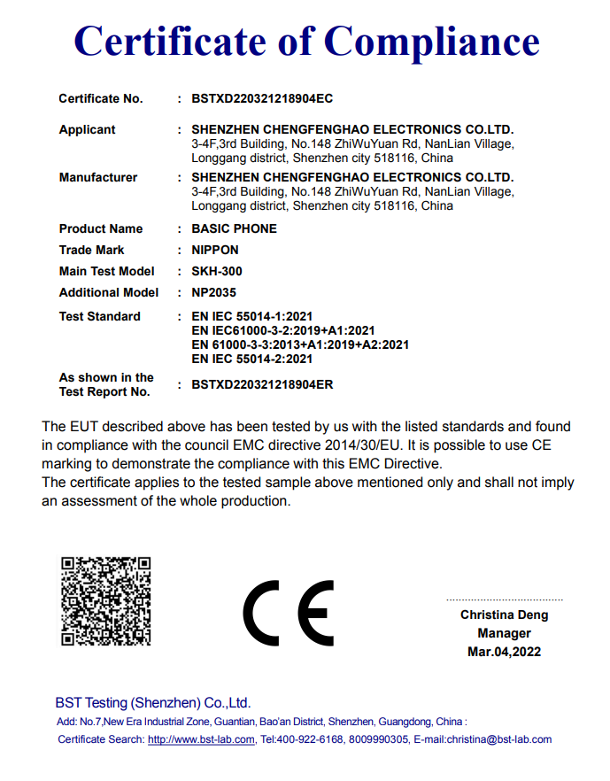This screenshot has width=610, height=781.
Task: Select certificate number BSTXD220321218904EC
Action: click(x=262, y=98)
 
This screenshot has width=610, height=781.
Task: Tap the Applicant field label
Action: click(x=87, y=129)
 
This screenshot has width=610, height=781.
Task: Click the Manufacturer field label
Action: click(x=98, y=177)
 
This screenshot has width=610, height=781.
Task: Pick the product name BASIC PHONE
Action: click(x=234, y=228)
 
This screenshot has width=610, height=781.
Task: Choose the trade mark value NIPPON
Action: click(x=215, y=250)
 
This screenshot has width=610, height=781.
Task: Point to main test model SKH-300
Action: click(x=216, y=271)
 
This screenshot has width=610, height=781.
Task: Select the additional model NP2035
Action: click(x=214, y=292)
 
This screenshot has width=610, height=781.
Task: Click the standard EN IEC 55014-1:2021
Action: click(x=251, y=316)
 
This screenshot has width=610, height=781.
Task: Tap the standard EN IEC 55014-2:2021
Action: click(x=251, y=359)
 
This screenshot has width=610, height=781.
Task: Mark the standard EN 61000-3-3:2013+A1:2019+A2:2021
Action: click(x=299, y=344)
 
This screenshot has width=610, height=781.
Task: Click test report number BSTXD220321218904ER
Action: click(x=262, y=384)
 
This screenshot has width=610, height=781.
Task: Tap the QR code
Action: click(x=105, y=600)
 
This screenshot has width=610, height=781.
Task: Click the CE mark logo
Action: click(x=289, y=613)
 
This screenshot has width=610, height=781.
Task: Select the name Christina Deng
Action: click(x=504, y=615)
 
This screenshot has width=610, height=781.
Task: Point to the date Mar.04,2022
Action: click(x=504, y=652)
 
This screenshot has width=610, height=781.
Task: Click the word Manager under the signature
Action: click(x=504, y=633)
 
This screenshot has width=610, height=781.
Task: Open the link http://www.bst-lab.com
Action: click(x=201, y=739)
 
